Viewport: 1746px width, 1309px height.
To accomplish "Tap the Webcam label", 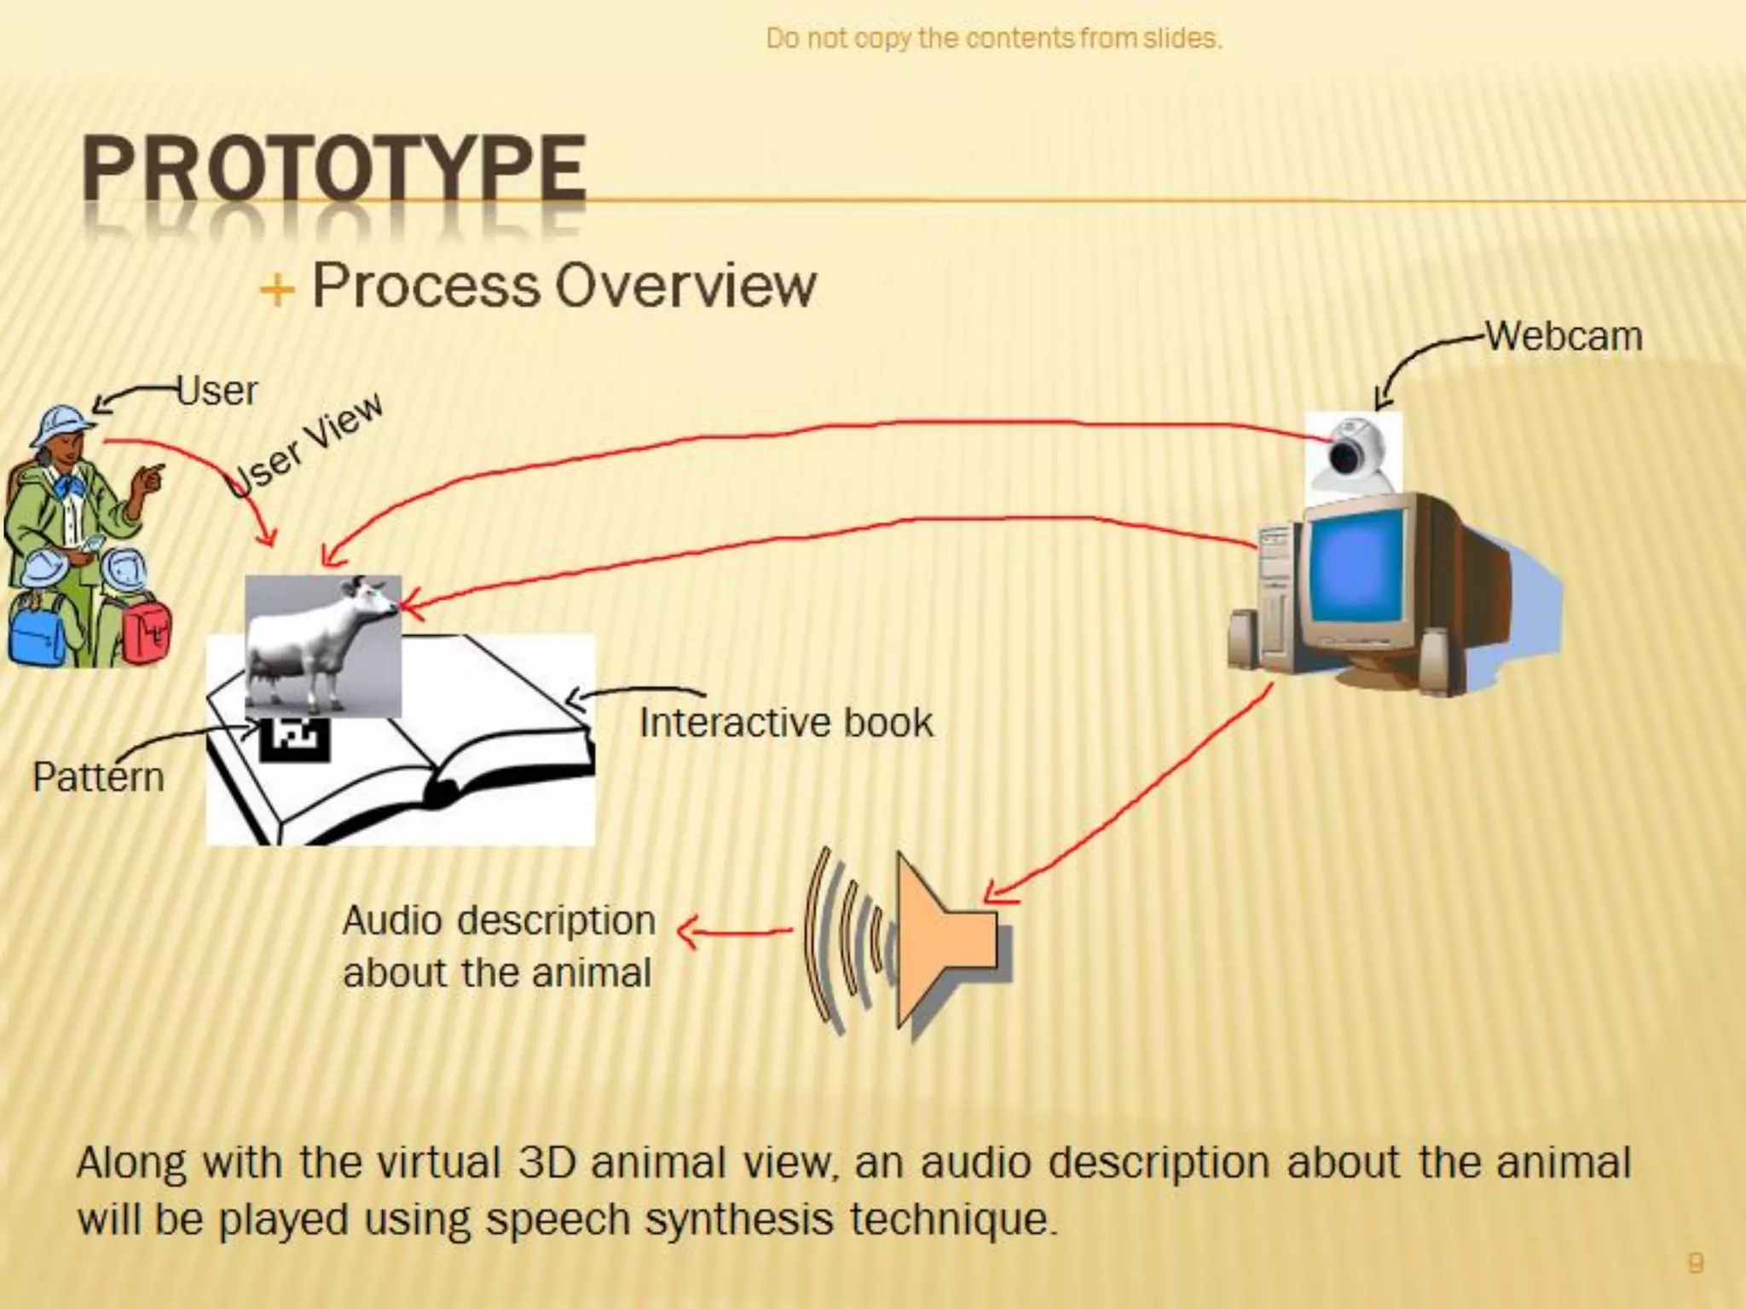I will click(1564, 336).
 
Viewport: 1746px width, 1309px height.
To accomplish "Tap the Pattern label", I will click(98, 777).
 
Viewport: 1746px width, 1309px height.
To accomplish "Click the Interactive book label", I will click(786, 723).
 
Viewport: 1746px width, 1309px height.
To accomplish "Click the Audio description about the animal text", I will click(499, 946).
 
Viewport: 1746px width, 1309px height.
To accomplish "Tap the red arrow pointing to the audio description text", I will click(733, 931).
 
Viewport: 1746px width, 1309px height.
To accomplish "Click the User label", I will click(217, 391).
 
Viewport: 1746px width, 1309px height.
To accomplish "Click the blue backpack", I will click(36, 631).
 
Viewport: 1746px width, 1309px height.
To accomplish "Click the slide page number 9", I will click(1696, 1262).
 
